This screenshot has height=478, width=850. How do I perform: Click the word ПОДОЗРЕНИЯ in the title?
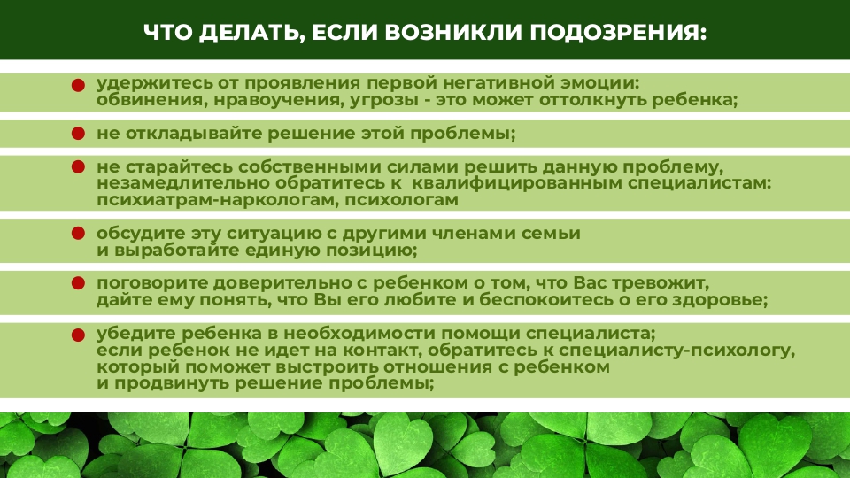point(618,33)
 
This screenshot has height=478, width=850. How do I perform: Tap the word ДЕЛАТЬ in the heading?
point(250,33)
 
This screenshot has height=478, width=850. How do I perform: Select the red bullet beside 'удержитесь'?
point(78,85)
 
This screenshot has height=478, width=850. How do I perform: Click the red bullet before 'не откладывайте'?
point(78,134)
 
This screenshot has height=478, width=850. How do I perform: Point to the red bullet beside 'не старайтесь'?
point(78,166)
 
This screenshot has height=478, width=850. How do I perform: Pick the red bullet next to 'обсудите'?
point(78,233)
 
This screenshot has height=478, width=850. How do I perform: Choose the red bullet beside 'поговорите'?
point(78,283)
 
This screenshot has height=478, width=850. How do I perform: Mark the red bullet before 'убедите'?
point(78,335)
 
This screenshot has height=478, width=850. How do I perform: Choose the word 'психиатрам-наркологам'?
point(218,200)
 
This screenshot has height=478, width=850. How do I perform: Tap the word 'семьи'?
point(551,234)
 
